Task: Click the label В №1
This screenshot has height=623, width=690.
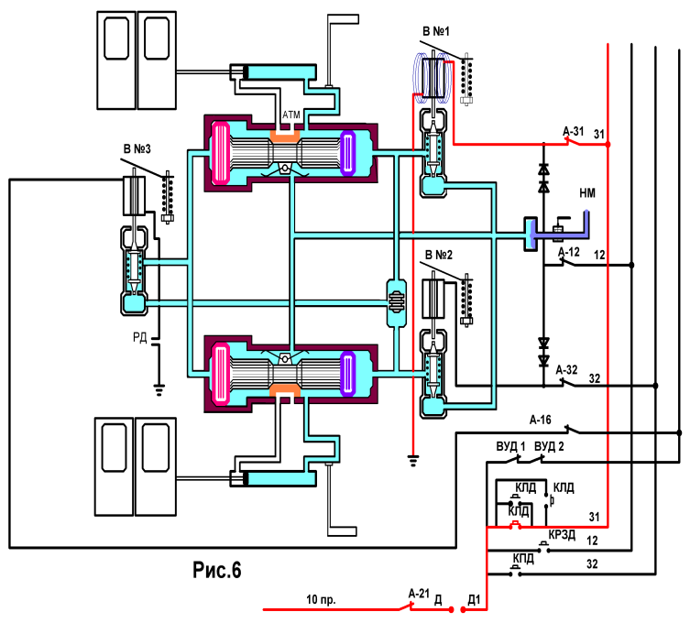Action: coord(435,31)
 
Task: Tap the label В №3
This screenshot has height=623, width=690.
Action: coord(137,149)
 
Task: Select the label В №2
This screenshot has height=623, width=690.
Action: coord(438,255)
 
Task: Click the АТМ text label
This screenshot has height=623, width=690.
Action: coord(290,115)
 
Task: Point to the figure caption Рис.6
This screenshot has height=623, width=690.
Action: coord(217,570)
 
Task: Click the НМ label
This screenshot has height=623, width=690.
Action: coord(587,192)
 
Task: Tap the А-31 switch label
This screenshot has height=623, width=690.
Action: coord(574,131)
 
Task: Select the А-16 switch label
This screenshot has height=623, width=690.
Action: coord(540,420)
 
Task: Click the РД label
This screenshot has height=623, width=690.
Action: coord(139,337)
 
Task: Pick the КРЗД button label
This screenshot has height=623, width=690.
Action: coord(562,534)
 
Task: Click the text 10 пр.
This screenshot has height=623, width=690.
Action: coord(321,600)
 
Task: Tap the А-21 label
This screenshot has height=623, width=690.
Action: coord(419,594)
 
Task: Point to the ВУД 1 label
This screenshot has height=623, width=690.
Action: coord(510,446)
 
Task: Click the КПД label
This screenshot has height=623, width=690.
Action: coord(523,559)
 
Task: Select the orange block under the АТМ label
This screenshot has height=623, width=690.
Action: coord(285,135)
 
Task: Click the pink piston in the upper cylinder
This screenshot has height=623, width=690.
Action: coord(221,153)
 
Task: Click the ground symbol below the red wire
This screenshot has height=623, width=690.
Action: coord(412,460)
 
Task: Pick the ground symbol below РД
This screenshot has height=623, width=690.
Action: coord(159,390)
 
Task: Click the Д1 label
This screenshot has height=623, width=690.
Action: coord(475,600)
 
